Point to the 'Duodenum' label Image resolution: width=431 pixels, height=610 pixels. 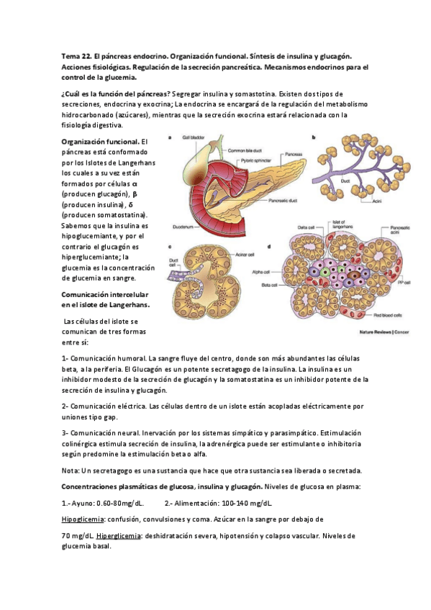click(x=180, y=225)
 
